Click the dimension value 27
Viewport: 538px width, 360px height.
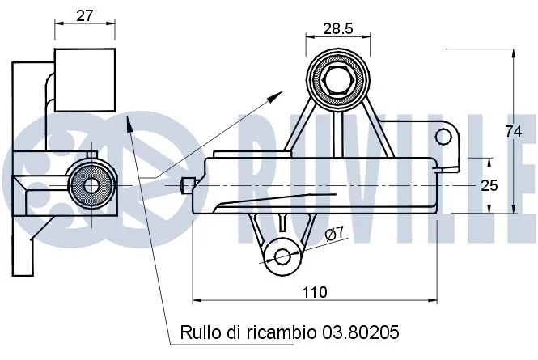(x=83, y=15)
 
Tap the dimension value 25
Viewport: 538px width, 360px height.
(x=489, y=185)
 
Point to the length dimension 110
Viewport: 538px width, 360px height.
(x=316, y=292)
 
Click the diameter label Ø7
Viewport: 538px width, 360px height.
(x=335, y=235)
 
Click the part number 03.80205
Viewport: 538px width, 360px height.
(x=362, y=332)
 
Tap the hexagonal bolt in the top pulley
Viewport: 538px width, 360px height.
(x=337, y=79)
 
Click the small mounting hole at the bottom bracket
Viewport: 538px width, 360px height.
(x=282, y=256)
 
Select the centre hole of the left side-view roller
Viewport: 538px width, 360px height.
(x=90, y=185)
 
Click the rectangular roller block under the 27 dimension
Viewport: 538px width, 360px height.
(x=83, y=78)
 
